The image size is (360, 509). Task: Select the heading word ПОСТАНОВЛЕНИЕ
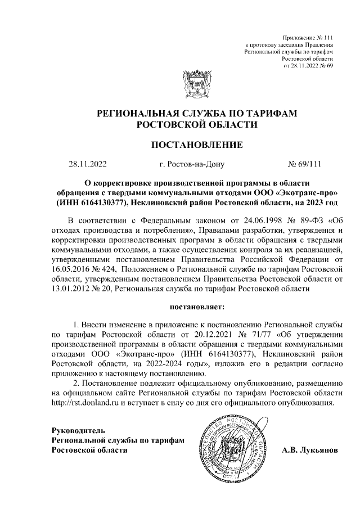(x=197, y=145)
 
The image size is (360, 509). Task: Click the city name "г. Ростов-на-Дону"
(x=192, y=165)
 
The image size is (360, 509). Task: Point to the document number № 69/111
(x=304, y=165)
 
